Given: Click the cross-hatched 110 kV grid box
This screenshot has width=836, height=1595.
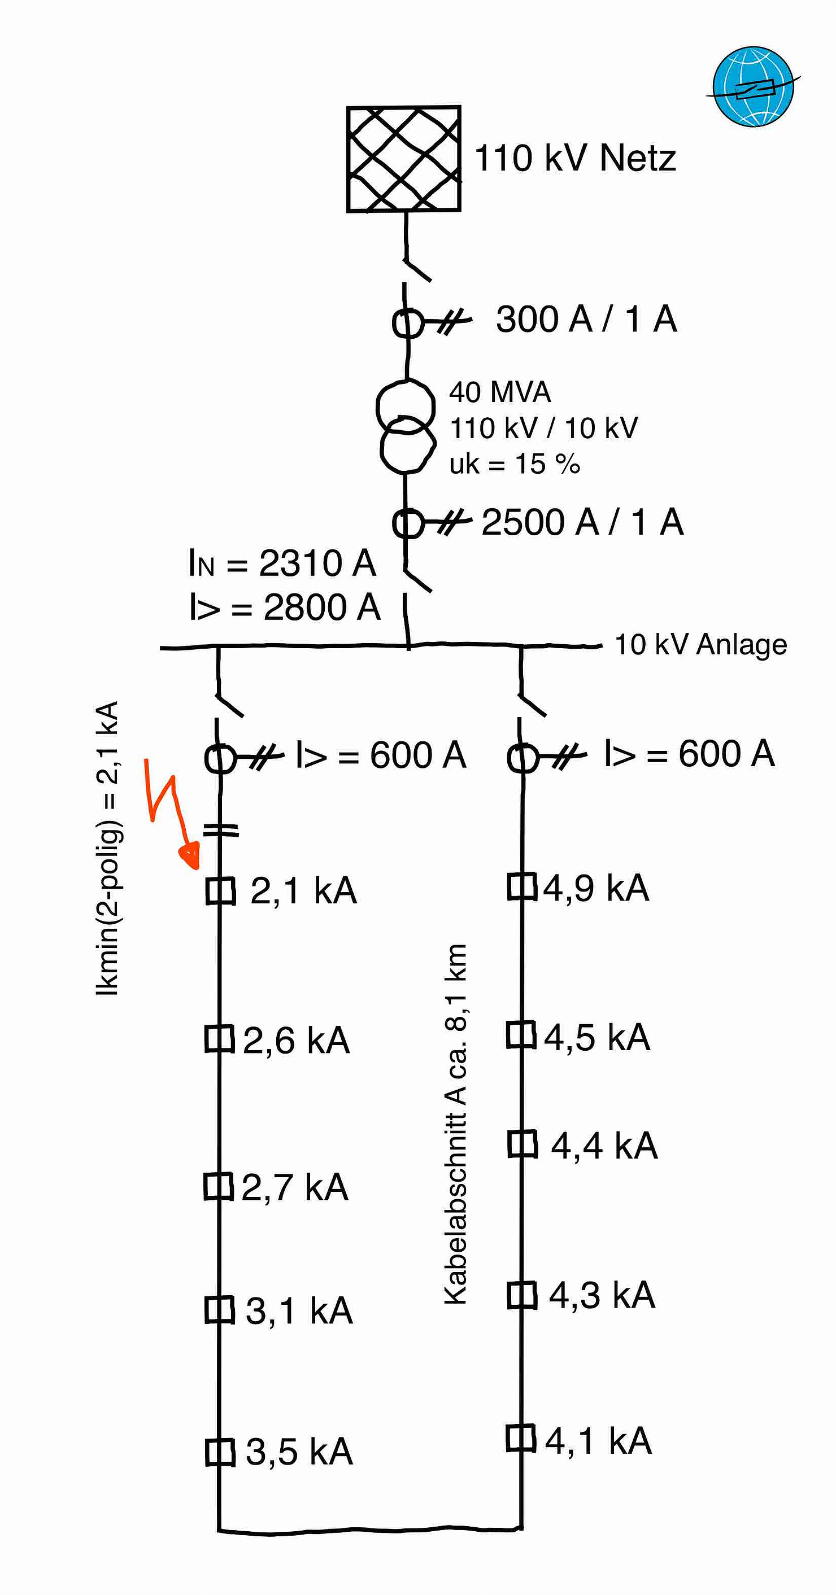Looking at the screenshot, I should coord(403,159).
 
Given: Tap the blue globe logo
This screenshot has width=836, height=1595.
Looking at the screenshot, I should coord(752,87).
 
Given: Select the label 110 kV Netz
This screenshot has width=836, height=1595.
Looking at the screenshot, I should coord(574,158).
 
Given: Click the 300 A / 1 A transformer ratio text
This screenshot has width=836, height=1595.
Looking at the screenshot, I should coord(586,320).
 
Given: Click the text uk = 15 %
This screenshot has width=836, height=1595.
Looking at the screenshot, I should coord(515,464).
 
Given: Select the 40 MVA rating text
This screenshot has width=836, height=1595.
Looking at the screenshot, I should coord(500,392).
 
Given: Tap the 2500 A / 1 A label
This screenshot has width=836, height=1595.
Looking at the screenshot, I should coord(582,522).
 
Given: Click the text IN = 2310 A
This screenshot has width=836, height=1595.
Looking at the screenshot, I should coord(282,563).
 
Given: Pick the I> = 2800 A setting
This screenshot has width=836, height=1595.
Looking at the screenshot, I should coord(284,608).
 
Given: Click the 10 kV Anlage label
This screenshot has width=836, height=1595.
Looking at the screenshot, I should coord(700,645).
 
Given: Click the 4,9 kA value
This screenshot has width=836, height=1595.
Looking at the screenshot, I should coord(596,888).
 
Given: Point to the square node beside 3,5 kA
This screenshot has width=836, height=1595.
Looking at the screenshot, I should coord(220,1453).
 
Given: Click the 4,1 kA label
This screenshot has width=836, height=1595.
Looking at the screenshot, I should coord(598,1441).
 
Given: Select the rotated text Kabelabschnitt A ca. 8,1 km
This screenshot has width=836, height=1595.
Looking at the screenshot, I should coord(455,1124).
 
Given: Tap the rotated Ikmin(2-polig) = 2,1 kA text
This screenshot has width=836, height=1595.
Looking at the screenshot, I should coord(108,848).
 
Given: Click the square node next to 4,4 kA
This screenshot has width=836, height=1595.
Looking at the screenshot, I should coord(522,1144).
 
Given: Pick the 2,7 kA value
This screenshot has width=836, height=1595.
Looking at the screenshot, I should coord(294,1187).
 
